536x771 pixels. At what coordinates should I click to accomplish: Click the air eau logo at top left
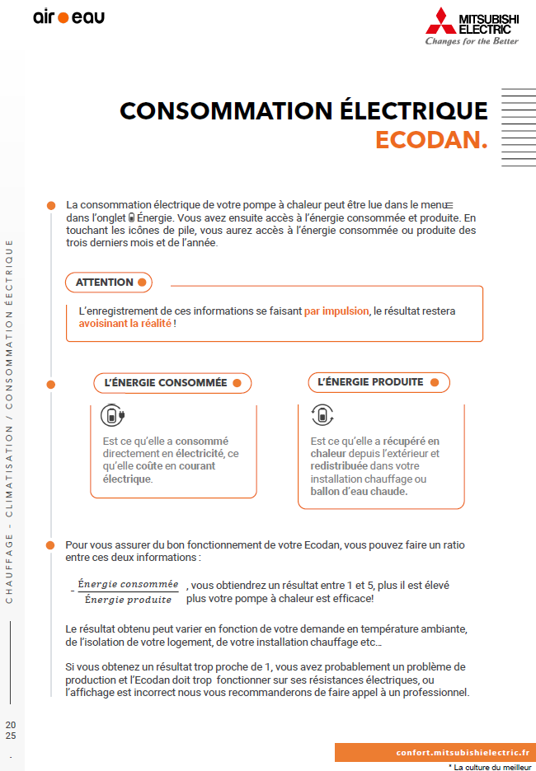68,16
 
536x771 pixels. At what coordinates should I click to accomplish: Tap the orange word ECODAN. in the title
431,140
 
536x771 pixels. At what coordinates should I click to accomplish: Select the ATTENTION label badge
109,283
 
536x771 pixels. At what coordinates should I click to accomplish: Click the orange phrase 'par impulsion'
336,311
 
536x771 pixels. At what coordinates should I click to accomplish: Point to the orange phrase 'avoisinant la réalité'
125,324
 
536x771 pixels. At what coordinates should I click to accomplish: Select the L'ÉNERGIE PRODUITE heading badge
378,382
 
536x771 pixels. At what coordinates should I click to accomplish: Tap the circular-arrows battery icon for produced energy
322,415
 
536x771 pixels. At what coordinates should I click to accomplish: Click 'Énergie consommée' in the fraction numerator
128,584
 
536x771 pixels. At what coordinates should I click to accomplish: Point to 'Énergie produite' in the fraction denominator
128,599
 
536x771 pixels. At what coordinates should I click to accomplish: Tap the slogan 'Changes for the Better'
472,41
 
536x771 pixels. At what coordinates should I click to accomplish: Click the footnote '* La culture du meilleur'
489,766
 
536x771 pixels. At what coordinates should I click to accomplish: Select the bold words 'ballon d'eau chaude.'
359,492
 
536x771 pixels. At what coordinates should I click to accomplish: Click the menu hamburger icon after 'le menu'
449,204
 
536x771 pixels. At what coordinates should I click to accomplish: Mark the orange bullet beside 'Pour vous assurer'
50,545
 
